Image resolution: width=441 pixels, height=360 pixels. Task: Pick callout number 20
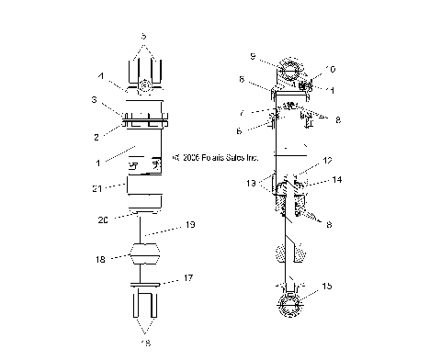(x=105, y=221)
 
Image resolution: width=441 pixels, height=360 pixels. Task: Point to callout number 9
(x=253, y=57)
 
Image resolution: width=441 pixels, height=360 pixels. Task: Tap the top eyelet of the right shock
(x=288, y=73)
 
